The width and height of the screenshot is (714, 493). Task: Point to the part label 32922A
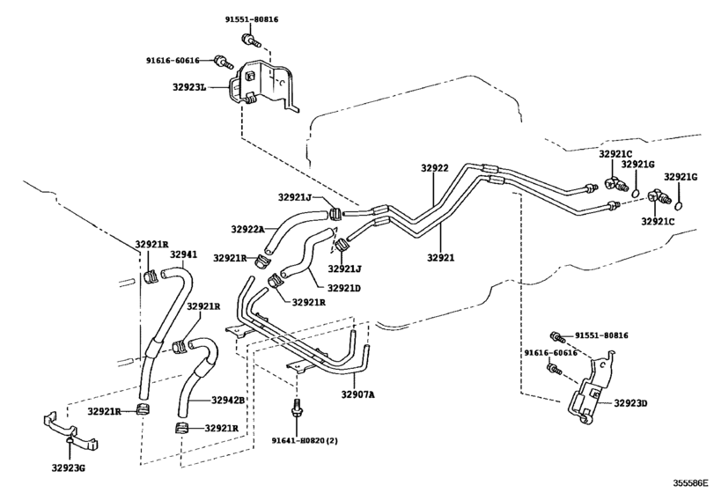point(248,229)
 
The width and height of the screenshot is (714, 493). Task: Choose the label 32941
point(182,255)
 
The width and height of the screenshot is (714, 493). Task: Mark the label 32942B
point(228,401)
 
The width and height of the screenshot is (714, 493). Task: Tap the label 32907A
point(357,394)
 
